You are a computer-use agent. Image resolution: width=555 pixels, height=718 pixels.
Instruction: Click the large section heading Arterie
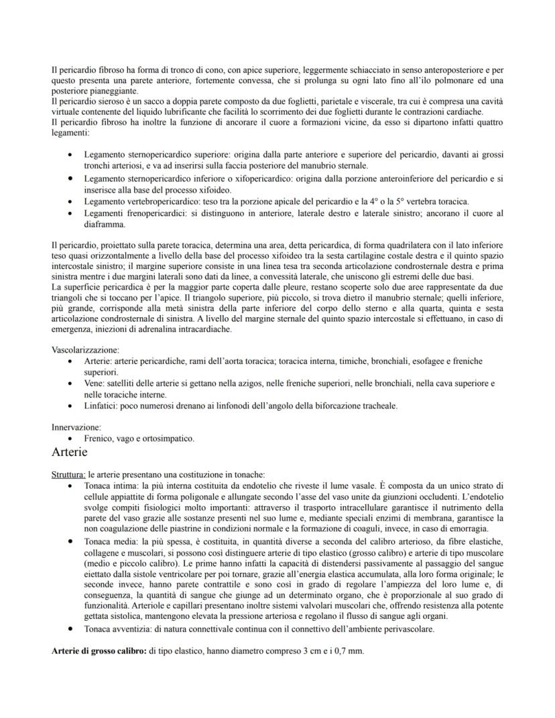69,453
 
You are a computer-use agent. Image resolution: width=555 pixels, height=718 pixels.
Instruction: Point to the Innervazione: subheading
76,427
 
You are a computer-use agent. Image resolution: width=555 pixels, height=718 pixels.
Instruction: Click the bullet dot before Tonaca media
71,540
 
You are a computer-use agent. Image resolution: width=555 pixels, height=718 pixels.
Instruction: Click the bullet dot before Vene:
71,383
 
